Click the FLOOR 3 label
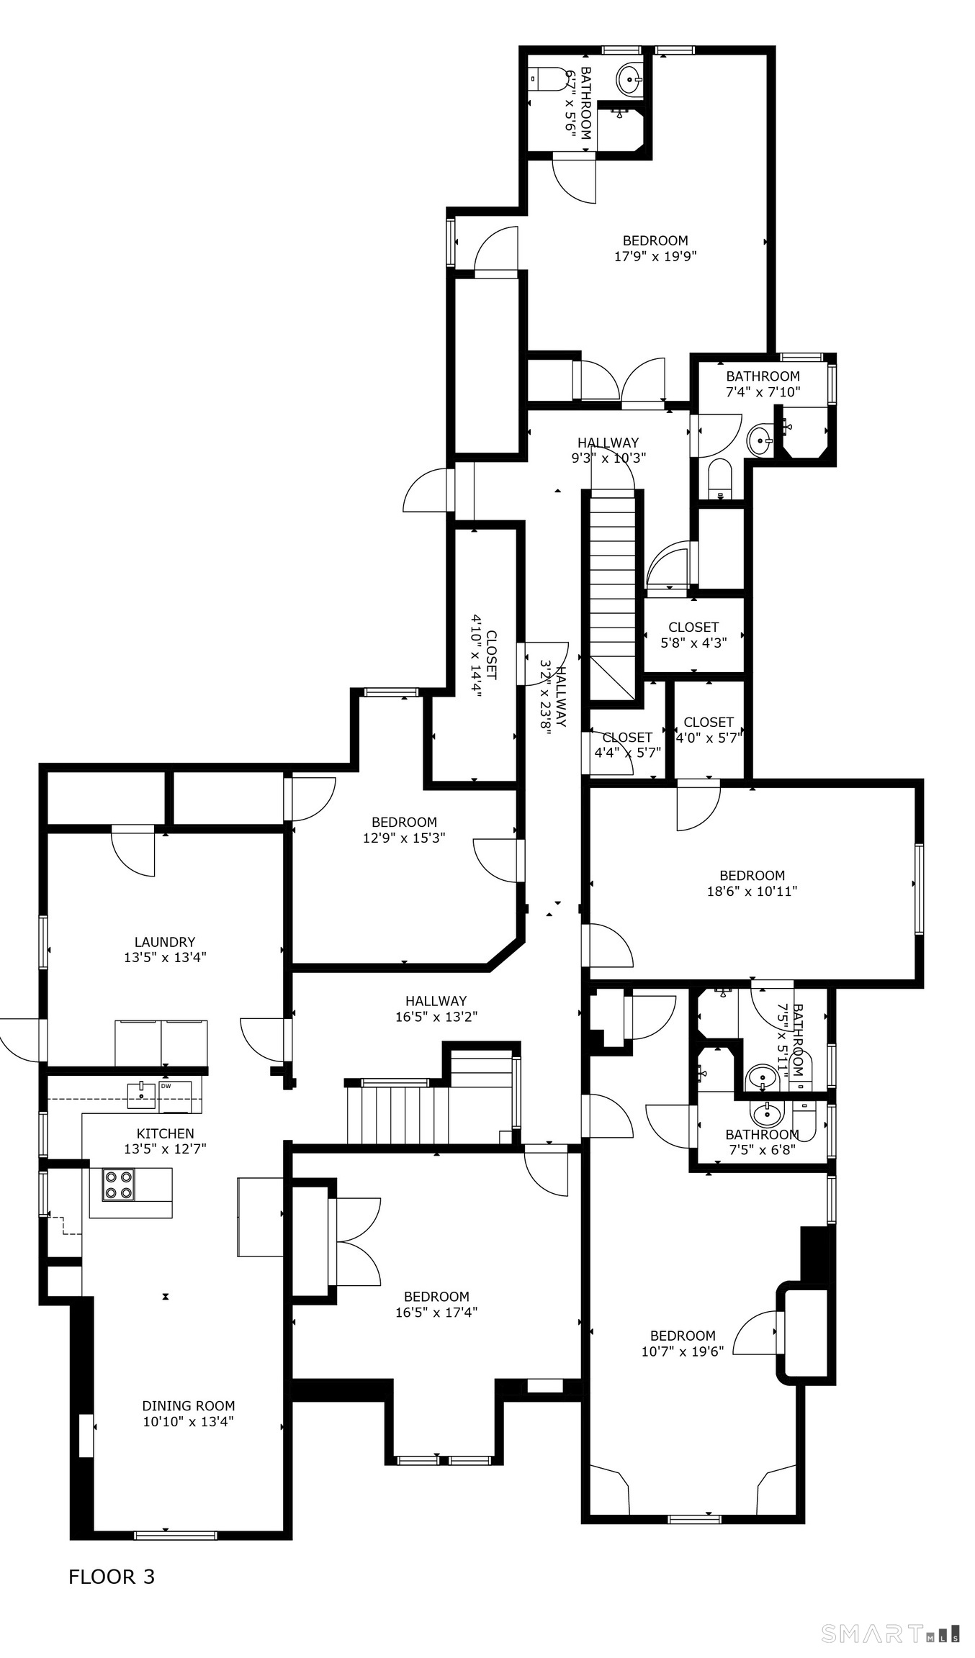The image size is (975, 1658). click(112, 1577)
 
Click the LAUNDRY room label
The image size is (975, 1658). click(165, 949)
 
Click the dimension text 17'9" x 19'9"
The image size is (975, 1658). click(655, 256)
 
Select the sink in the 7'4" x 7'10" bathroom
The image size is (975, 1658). click(760, 440)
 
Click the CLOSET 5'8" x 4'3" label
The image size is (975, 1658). click(693, 635)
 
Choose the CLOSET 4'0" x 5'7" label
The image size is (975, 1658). click(709, 729)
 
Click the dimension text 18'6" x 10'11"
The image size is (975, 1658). click(752, 891)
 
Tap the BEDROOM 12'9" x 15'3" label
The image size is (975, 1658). click(404, 830)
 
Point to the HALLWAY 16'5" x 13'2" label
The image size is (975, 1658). click(436, 1009)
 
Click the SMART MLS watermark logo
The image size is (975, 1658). click(890, 1634)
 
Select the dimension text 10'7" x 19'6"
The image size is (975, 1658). click(683, 1351)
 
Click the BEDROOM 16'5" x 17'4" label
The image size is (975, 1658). click(436, 1304)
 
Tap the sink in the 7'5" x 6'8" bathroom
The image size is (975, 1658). click(767, 1114)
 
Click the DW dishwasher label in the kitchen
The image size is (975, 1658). click(166, 1086)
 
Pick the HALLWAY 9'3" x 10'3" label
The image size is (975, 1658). click(608, 450)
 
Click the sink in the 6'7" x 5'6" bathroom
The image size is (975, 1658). click(630, 76)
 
